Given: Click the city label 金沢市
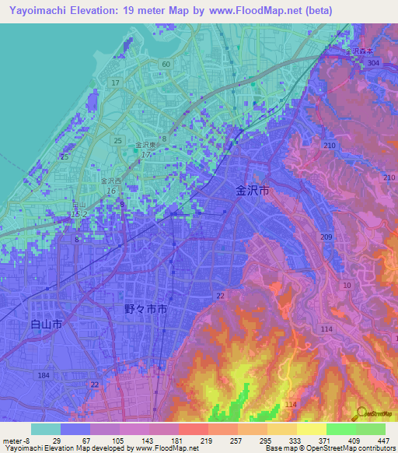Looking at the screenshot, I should [253, 190].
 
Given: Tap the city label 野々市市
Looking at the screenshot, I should [145, 309].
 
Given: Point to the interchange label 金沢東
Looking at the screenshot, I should [146, 145].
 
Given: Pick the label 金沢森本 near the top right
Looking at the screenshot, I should [359, 53].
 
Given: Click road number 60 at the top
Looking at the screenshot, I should [166, 63].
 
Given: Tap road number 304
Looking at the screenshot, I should [373, 63].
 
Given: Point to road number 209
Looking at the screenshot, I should [326, 237].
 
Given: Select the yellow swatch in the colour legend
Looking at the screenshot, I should [311, 429].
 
